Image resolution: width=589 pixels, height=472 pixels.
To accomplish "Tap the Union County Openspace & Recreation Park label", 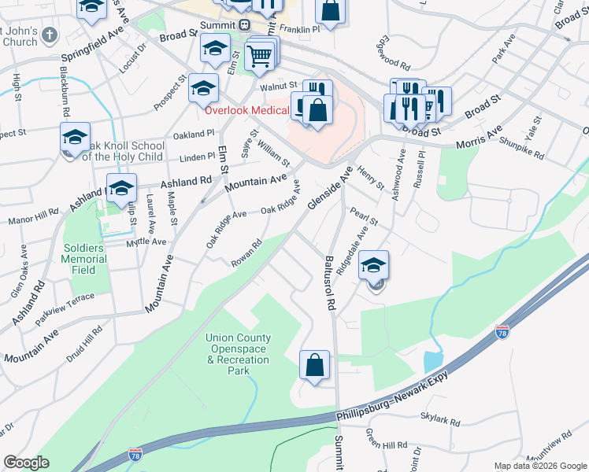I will (x=238, y=354).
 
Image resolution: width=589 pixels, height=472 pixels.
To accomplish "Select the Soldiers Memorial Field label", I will (x=84, y=259).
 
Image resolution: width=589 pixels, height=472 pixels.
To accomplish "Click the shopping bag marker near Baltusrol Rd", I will (x=314, y=366).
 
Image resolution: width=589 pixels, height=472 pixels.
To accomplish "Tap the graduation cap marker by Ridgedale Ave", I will (x=374, y=266).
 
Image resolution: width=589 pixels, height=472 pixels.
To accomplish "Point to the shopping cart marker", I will (x=260, y=57).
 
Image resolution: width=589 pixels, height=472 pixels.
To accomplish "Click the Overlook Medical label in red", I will (x=247, y=110).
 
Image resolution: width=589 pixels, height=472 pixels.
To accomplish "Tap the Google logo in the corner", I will (x=27, y=463).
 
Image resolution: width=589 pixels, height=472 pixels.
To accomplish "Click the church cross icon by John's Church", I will (x=50, y=35).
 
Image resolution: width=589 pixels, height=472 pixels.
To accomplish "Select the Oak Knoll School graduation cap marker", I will (x=75, y=138).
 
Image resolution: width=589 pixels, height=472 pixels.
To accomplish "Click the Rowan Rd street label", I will (x=246, y=253).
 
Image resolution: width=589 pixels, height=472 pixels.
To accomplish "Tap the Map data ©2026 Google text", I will (x=540, y=466).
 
